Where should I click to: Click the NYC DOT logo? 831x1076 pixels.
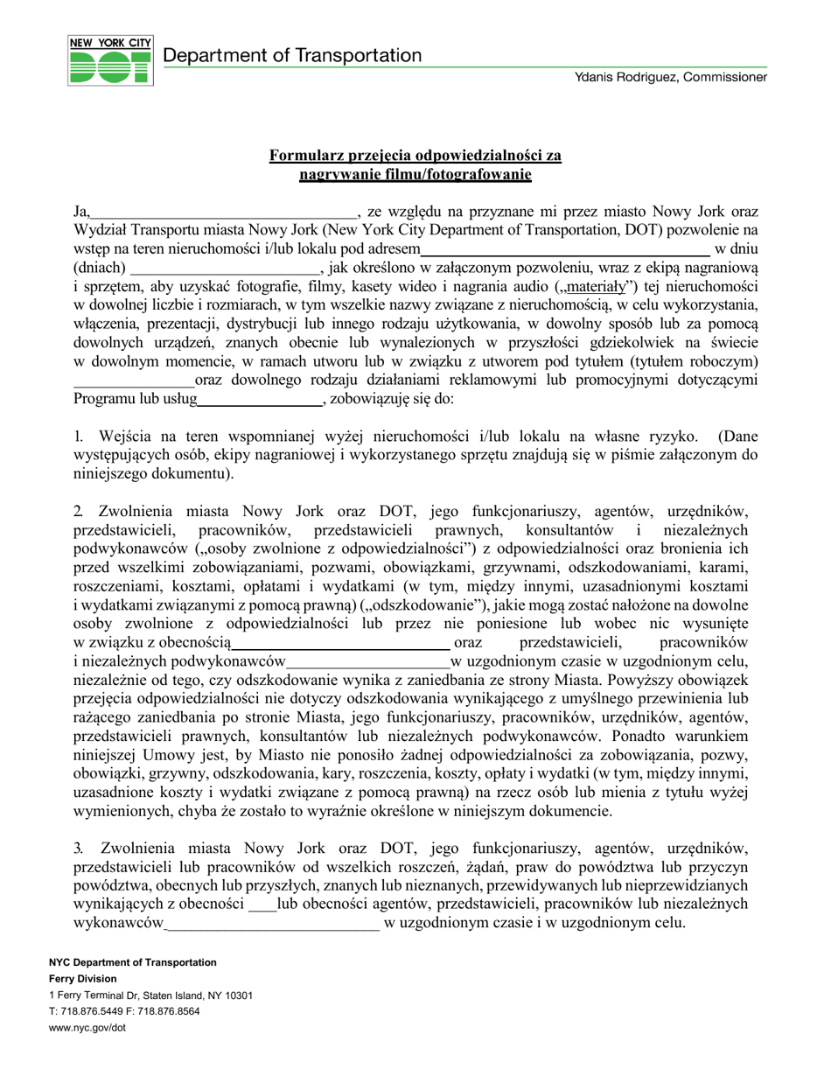pyautogui.click(x=110, y=60)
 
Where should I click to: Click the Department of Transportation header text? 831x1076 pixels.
pyautogui.click(x=292, y=56)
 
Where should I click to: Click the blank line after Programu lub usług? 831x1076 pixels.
pyautogui.click(x=260, y=401)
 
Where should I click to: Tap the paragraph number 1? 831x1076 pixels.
pyautogui.click(x=78, y=436)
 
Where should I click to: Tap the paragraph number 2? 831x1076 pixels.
pyautogui.click(x=78, y=511)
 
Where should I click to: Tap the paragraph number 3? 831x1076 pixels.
pyautogui.click(x=78, y=848)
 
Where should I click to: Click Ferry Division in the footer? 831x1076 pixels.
pyautogui.click(x=83, y=979)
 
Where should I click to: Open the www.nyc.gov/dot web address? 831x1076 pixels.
pyautogui.click(x=87, y=1028)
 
